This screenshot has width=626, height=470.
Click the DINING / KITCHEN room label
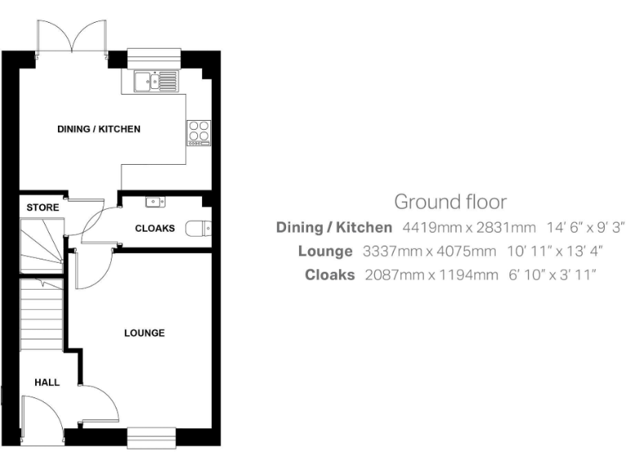tap(99, 129)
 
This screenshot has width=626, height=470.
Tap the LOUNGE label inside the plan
tap(144, 333)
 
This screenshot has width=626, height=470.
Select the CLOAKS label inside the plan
tap(155, 228)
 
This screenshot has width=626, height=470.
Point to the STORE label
tap(42, 207)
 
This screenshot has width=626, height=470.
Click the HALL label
tap(46, 382)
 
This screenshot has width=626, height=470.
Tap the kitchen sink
tap(155, 80)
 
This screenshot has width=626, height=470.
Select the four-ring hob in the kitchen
tap(199, 132)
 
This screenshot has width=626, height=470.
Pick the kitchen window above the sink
tap(152, 57)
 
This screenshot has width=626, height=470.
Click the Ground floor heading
tap(450, 202)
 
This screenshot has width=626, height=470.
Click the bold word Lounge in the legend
tap(325, 251)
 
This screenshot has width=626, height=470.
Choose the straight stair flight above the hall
tap(41, 314)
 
